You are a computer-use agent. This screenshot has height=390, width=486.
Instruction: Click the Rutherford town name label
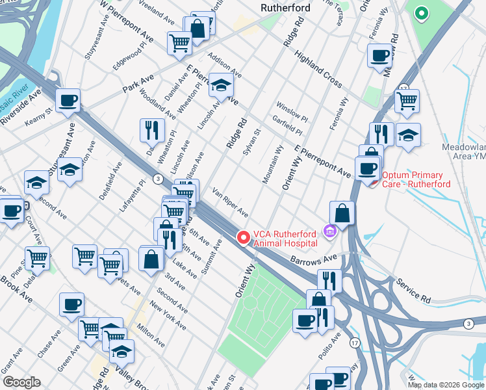[285, 8]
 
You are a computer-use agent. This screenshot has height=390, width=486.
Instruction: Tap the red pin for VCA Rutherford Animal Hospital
[244, 238]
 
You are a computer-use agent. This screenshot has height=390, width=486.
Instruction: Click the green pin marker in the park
[421, 13]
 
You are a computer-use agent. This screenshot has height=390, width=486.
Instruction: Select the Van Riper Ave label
[230, 202]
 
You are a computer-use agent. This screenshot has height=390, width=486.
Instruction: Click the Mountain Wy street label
[272, 165]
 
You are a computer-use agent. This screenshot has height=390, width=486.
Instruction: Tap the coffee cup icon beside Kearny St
[68, 101]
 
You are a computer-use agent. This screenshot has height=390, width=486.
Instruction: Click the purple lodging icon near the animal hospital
[329, 229]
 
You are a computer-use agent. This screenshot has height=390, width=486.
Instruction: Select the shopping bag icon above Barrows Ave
[342, 213]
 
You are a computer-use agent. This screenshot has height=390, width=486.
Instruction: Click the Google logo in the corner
[22, 382]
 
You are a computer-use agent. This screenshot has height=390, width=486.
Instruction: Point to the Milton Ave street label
[151, 333]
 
